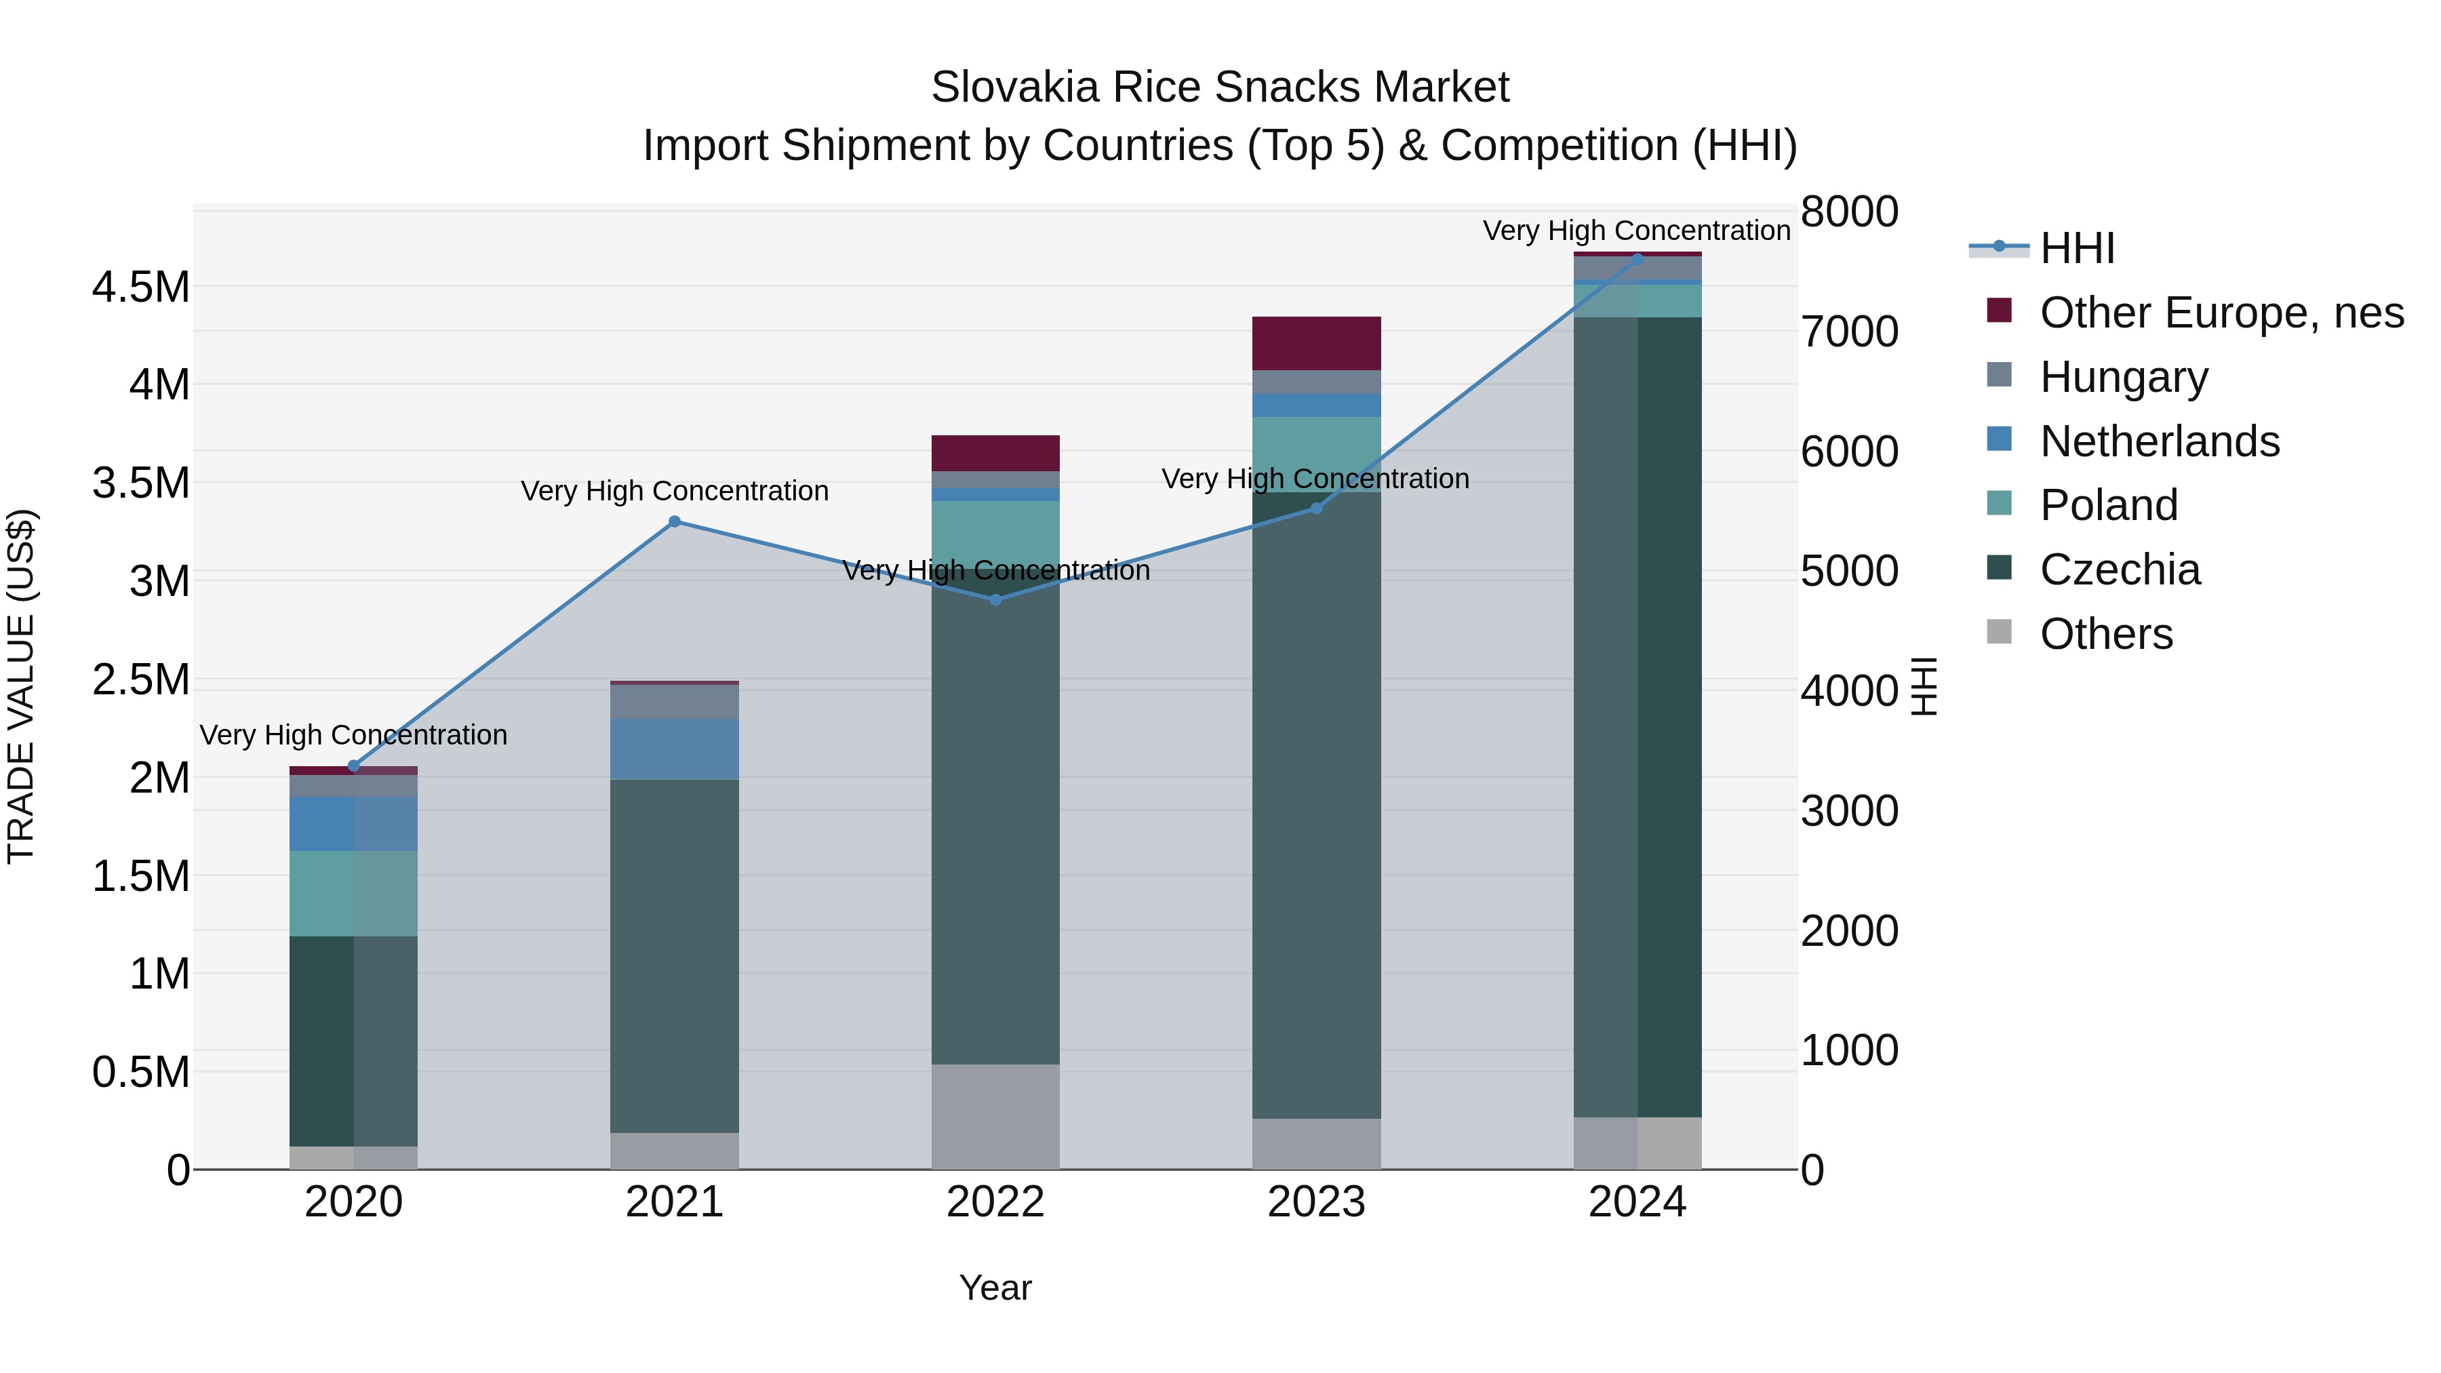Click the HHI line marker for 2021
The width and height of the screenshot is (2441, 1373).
click(x=674, y=521)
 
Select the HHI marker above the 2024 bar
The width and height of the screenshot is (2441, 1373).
click(x=1637, y=259)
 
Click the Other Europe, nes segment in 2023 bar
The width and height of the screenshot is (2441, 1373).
click(x=1316, y=343)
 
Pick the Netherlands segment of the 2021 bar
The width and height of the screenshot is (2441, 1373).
click(x=674, y=749)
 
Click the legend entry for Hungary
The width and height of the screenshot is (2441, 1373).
click(x=2122, y=377)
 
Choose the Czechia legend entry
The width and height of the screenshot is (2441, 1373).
click(x=2119, y=570)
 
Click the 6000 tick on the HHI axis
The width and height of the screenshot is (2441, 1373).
click(x=1849, y=452)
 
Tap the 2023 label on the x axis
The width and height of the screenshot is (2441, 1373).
click(x=1316, y=1202)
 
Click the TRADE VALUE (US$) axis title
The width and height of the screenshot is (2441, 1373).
click(x=21, y=686)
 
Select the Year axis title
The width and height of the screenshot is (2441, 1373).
click(x=995, y=1288)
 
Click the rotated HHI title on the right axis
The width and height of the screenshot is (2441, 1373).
click(x=1924, y=686)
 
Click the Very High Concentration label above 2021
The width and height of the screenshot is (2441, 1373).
click(x=674, y=491)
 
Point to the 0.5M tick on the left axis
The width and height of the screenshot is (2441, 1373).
click(x=140, y=1073)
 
